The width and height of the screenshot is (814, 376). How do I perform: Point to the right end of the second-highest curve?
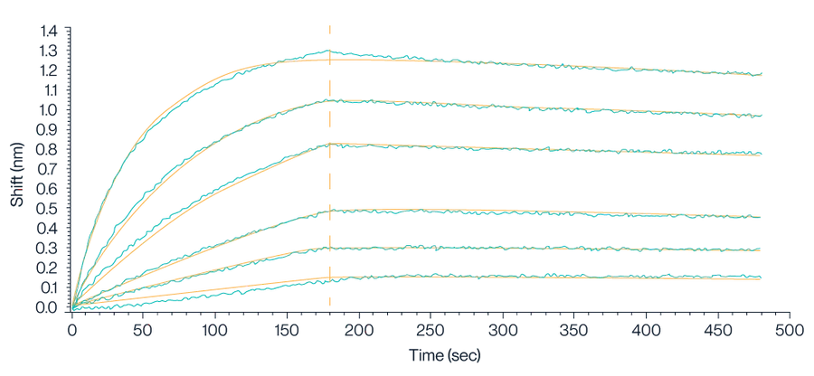coord(764,115)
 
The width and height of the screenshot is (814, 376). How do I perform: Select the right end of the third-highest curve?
coord(764,155)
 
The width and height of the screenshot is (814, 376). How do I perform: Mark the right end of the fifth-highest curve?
coord(764,250)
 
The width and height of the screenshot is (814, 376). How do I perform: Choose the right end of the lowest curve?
coord(764,278)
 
